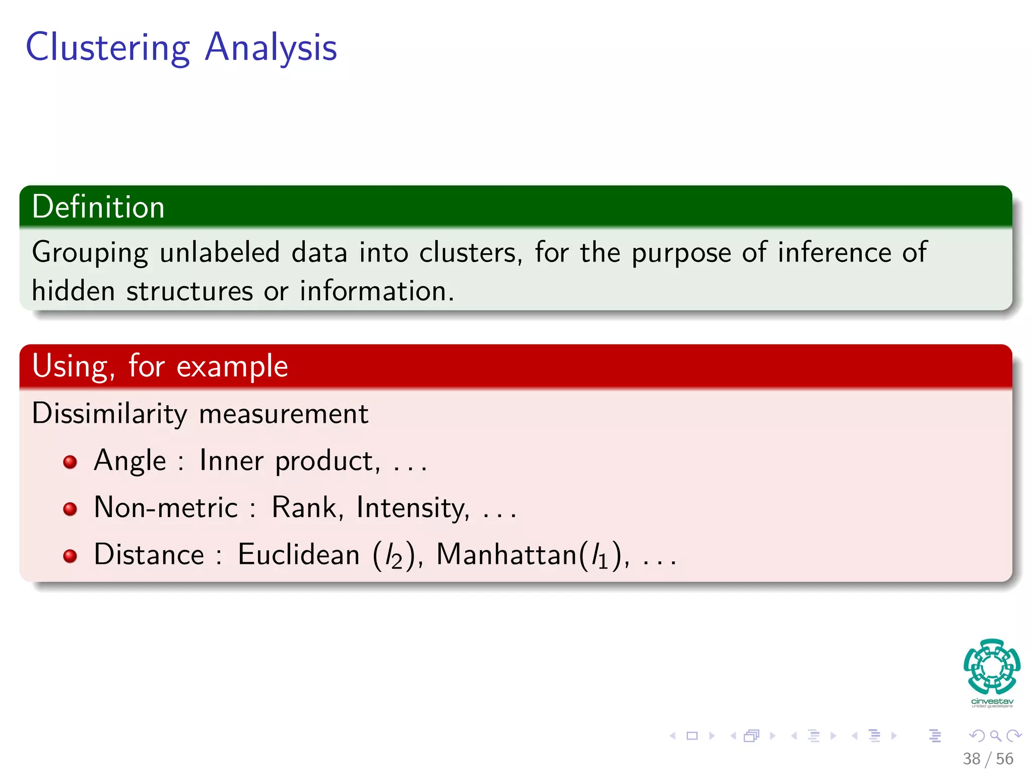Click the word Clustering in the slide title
coord(107,47)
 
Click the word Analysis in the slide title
coord(271,47)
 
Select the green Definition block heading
coord(98,207)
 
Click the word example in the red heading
coord(232,366)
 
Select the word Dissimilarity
coord(109,414)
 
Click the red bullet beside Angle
coord(70,462)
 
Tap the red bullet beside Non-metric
coord(70,508)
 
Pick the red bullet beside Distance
coord(70,556)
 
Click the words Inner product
coord(289,461)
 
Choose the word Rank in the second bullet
coord(304,507)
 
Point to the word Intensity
coord(413,507)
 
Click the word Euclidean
coord(298,555)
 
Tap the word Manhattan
coord(506,555)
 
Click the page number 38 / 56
coord(988,758)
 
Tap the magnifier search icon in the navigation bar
coord(995,736)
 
